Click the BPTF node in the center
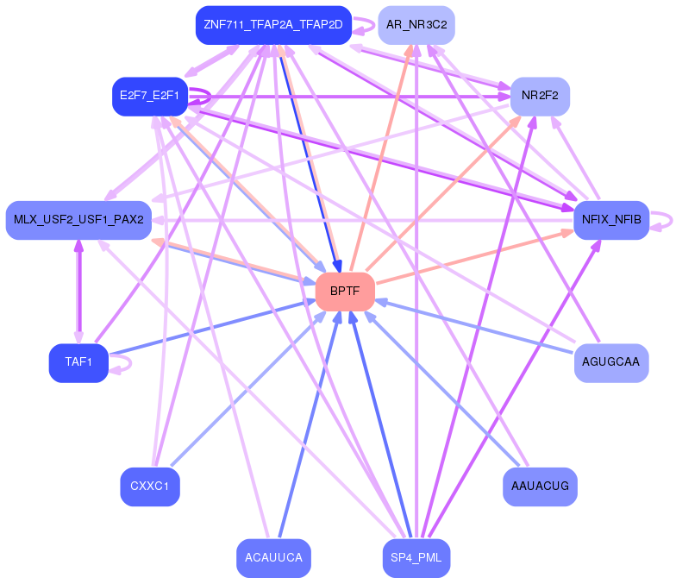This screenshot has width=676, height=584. click(345, 292)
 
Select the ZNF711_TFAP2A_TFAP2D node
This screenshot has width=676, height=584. click(273, 25)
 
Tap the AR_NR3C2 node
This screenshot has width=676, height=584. click(416, 25)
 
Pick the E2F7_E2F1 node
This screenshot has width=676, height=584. click(150, 96)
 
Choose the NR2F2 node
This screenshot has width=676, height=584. click(541, 96)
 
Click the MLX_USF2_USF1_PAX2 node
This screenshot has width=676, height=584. click(78, 221)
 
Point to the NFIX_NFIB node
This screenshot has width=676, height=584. click(611, 220)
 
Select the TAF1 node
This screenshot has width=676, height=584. click(78, 362)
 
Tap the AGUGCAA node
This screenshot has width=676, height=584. click(611, 362)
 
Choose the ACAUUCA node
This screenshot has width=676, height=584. click(273, 558)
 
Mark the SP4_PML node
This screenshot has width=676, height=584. click(416, 558)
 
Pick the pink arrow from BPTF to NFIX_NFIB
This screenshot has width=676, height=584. click(474, 257)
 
